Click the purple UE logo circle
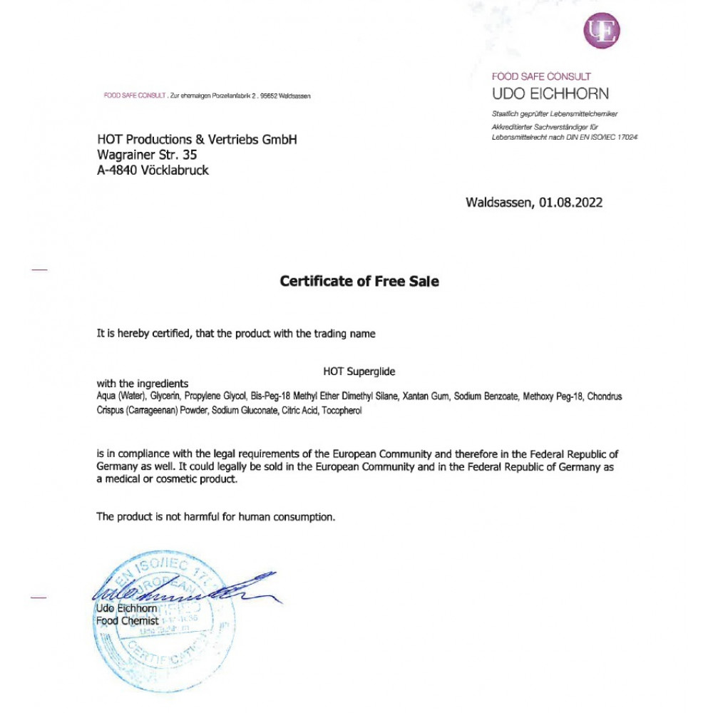[x=602, y=31]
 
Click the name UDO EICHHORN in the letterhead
[x=550, y=93]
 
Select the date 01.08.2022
[x=570, y=202]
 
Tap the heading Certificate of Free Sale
[x=359, y=282]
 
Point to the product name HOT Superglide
[x=359, y=371]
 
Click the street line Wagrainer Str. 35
[x=147, y=155]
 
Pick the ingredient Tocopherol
[x=342, y=411]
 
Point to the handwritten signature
[x=178, y=590]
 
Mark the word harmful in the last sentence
[x=200, y=516]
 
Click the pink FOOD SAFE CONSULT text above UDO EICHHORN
[x=541, y=76]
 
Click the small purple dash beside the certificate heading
[x=40, y=270]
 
